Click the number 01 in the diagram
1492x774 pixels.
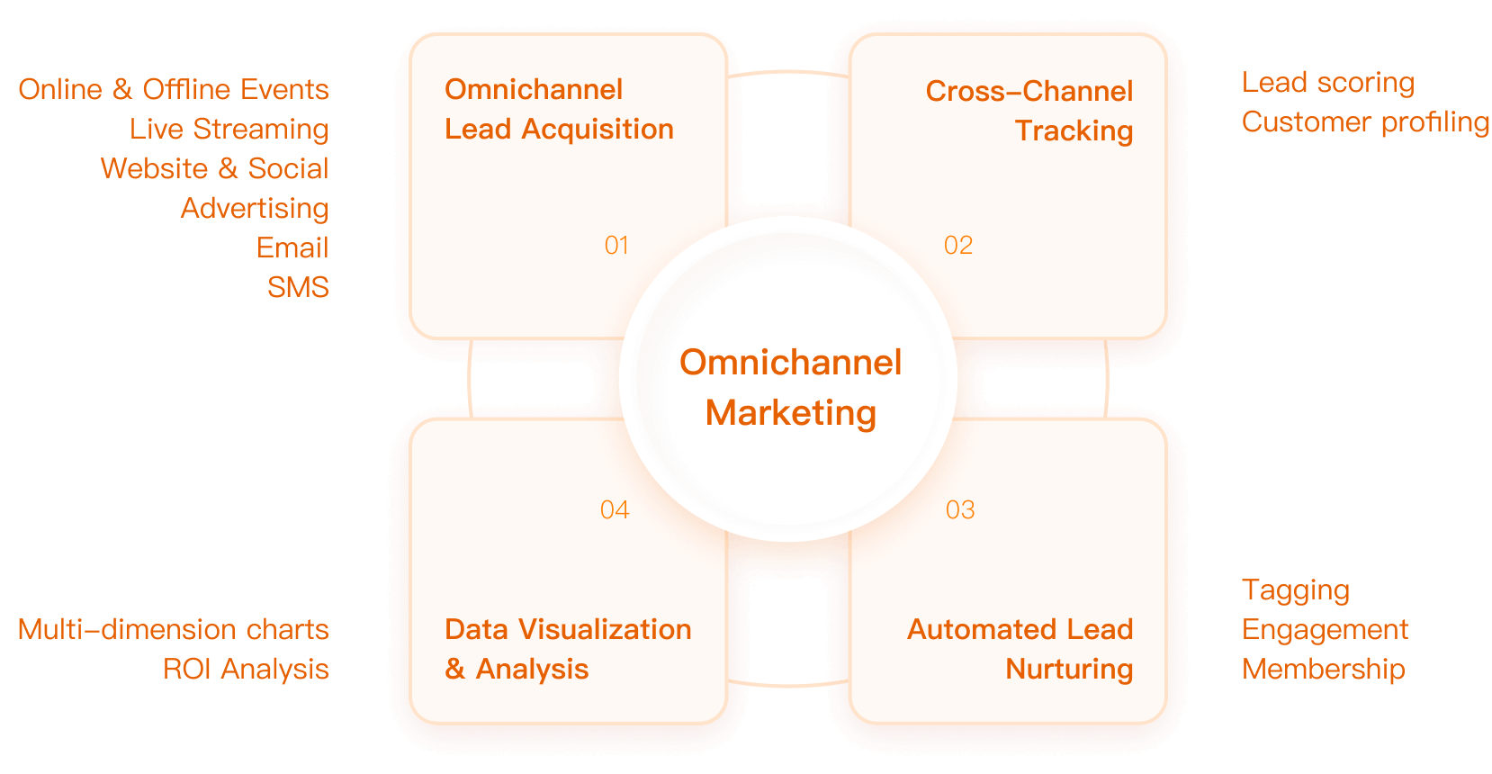(x=616, y=246)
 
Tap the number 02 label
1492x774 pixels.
(x=957, y=246)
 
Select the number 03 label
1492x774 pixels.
(x=959, y=510)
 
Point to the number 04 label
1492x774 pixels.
(x=615, y=510)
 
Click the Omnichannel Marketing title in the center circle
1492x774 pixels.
(x=790, y=387)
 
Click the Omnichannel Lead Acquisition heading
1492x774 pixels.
(x=558, y=109)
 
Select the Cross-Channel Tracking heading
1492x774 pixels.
(x=1029, y=111)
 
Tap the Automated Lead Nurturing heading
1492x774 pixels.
(x=1020, y=649)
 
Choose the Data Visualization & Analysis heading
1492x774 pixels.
(x=567, y=649)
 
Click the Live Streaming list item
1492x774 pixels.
(x=229, y=130)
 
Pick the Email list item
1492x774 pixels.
(x=292, y=247)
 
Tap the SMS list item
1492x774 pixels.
(x=298, y=287)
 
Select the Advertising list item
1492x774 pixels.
(x=255, y=209)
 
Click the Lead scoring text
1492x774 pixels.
(x=1327, y=83)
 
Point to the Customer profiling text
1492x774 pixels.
(x=1365, y=122)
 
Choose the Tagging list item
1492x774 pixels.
(x=1295, y=590)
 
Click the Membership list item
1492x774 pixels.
(x=1323, y=669)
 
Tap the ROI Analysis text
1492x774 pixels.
(x=246, y=669)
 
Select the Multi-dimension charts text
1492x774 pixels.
(x=174, y=629)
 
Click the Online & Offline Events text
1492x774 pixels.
(x=174, y=90)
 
